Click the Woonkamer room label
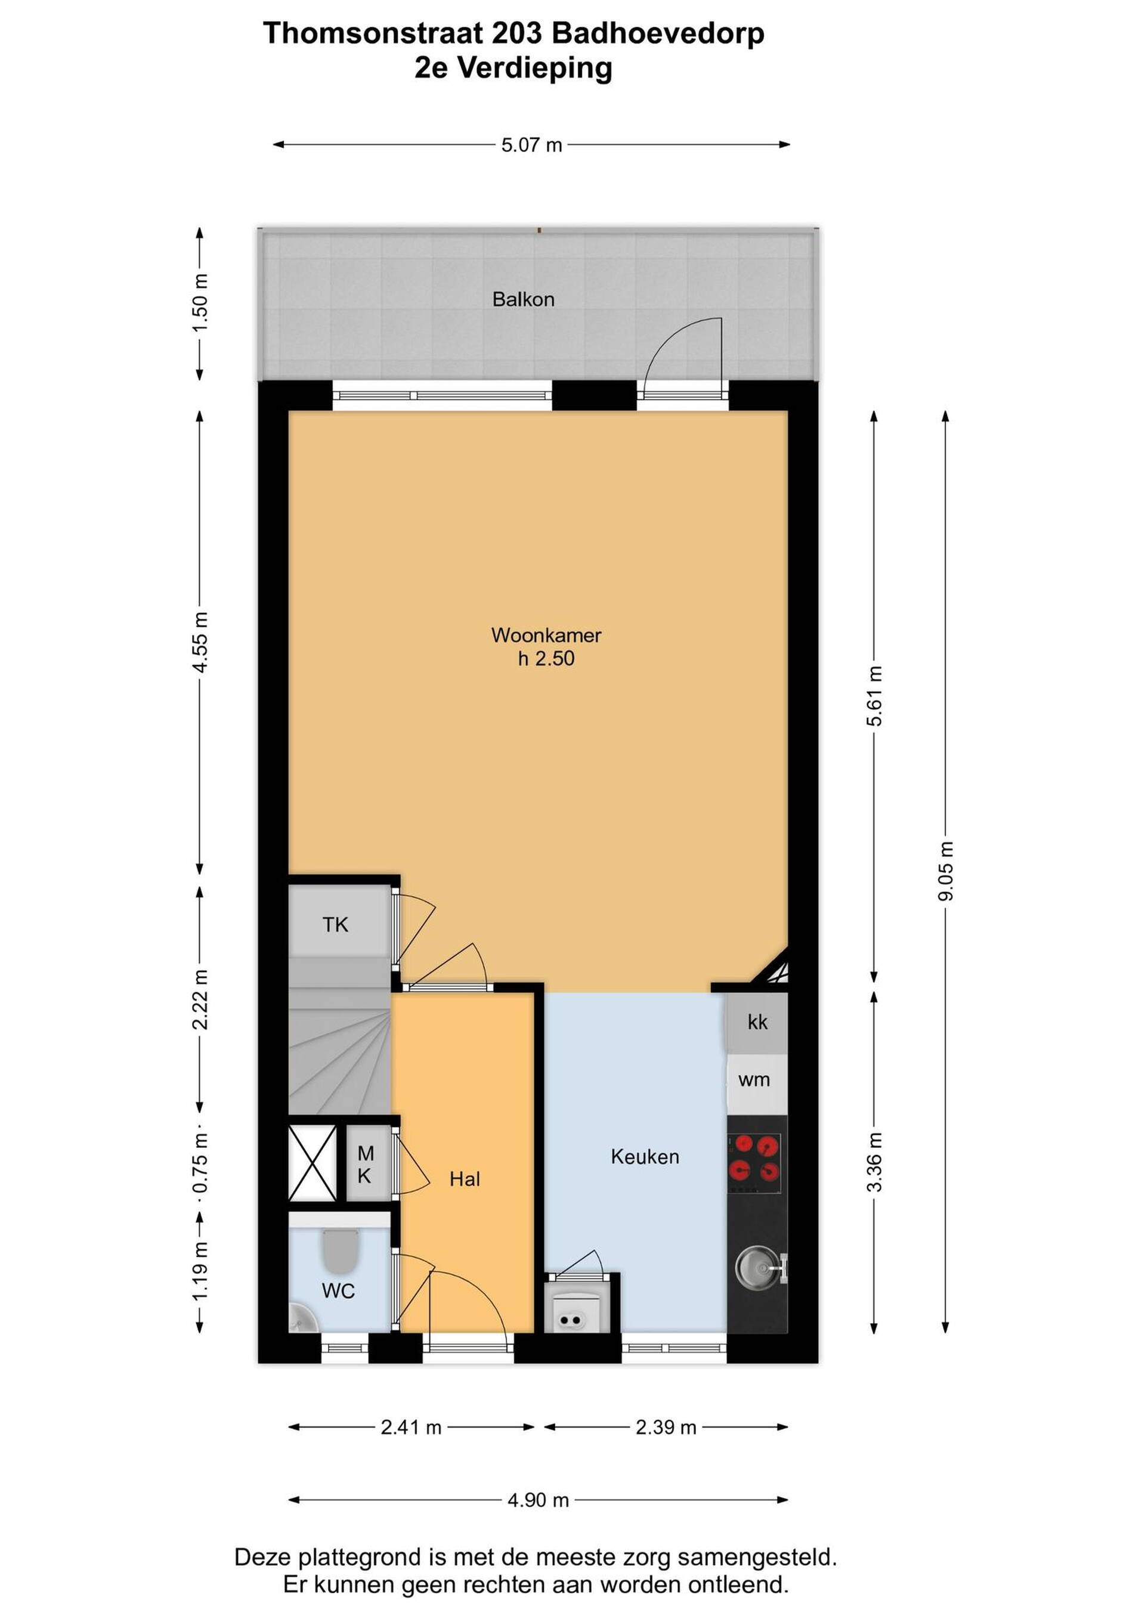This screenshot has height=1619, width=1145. tap(546, 634)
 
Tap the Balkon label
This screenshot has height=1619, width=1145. tap(523, 300)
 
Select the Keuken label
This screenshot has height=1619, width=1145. tap(645, 1156)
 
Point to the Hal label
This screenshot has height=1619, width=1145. tap(465, 1179)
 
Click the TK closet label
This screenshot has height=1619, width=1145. tap(335, 924)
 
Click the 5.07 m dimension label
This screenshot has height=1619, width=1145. tap(531, 146)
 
